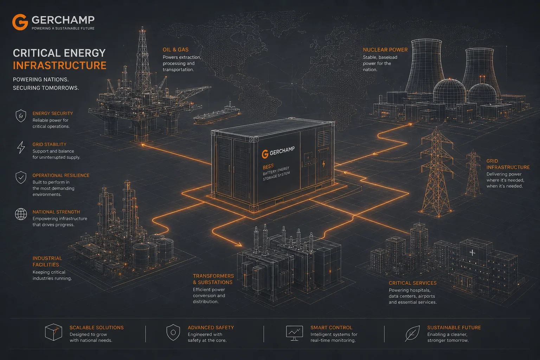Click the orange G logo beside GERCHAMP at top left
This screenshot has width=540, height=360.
click(20, 22)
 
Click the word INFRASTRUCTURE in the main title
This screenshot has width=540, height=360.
click(59, 66)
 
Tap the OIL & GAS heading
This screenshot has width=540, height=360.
click(175, 50)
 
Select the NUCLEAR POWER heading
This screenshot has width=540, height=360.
click(385, 50)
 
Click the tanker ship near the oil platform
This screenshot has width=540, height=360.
click(217, 113)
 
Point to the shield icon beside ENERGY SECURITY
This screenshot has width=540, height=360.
click(21, 116)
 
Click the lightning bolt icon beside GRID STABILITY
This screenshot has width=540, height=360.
click(21, 147)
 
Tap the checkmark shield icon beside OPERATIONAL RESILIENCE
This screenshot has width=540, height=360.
click(21, 178)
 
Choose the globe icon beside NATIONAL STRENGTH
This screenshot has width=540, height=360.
click(21, 214)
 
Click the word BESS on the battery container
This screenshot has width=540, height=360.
click(268, 166)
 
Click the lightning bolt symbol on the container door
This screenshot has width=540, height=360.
click(324, 164)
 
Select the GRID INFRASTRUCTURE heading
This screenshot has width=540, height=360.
click(508, 164)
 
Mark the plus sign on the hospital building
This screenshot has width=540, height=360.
click(472, 253)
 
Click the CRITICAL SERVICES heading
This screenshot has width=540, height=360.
click(412, 283)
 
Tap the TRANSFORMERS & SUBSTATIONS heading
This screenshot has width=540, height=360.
click(213, 279)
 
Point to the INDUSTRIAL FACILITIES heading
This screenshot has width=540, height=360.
click(47, 261)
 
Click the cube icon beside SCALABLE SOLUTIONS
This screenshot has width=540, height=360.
click(53, 332)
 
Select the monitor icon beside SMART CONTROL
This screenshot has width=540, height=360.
click(294, 333)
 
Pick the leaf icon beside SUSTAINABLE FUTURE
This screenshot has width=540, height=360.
click(412, 333)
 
